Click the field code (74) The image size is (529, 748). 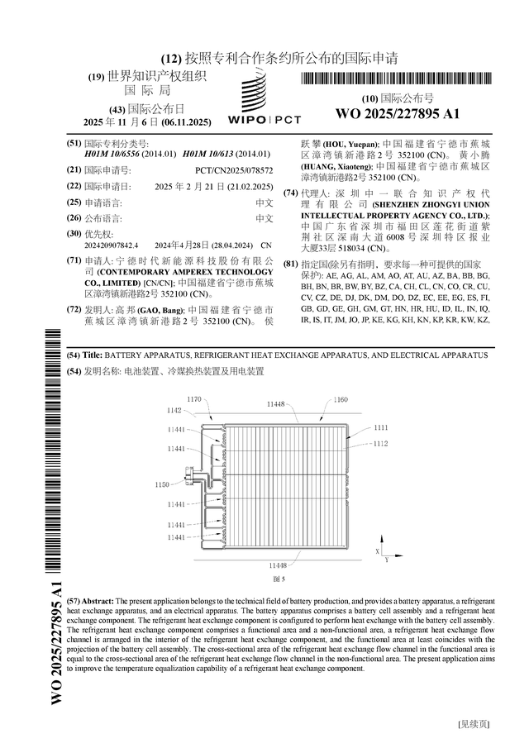290,193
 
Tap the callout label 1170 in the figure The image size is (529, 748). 193,399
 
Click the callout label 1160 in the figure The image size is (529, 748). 341,400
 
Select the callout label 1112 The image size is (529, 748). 380,444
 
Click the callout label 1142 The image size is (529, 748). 174,410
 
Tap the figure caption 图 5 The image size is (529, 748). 278,578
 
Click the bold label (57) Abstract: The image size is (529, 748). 89,600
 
